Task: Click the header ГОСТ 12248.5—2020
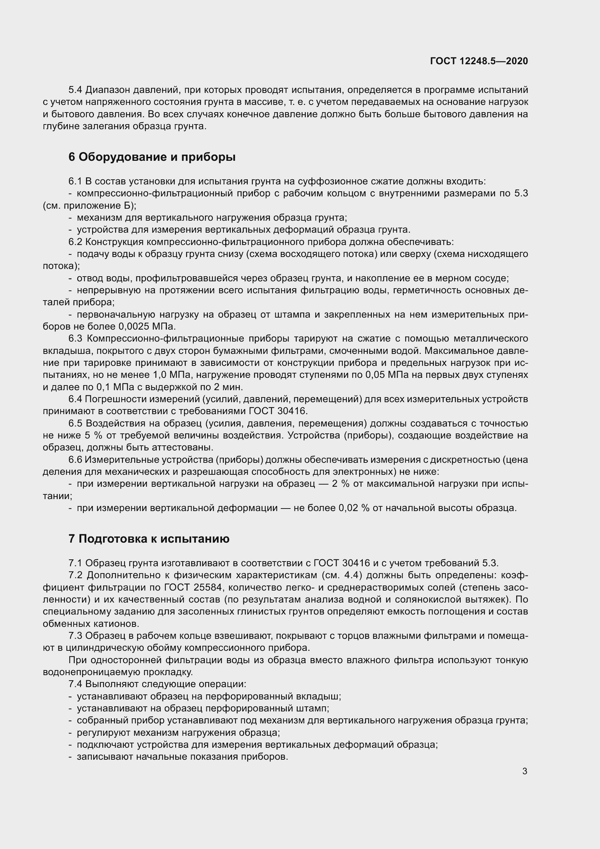pyautogui.click(x=479, y=61)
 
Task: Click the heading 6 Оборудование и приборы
pyautogui.click(x=152, y=157)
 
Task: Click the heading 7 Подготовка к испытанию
pyautogui.click(x=149, y=539)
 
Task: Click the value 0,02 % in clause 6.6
pyautogui.click(x=354, y=508)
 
